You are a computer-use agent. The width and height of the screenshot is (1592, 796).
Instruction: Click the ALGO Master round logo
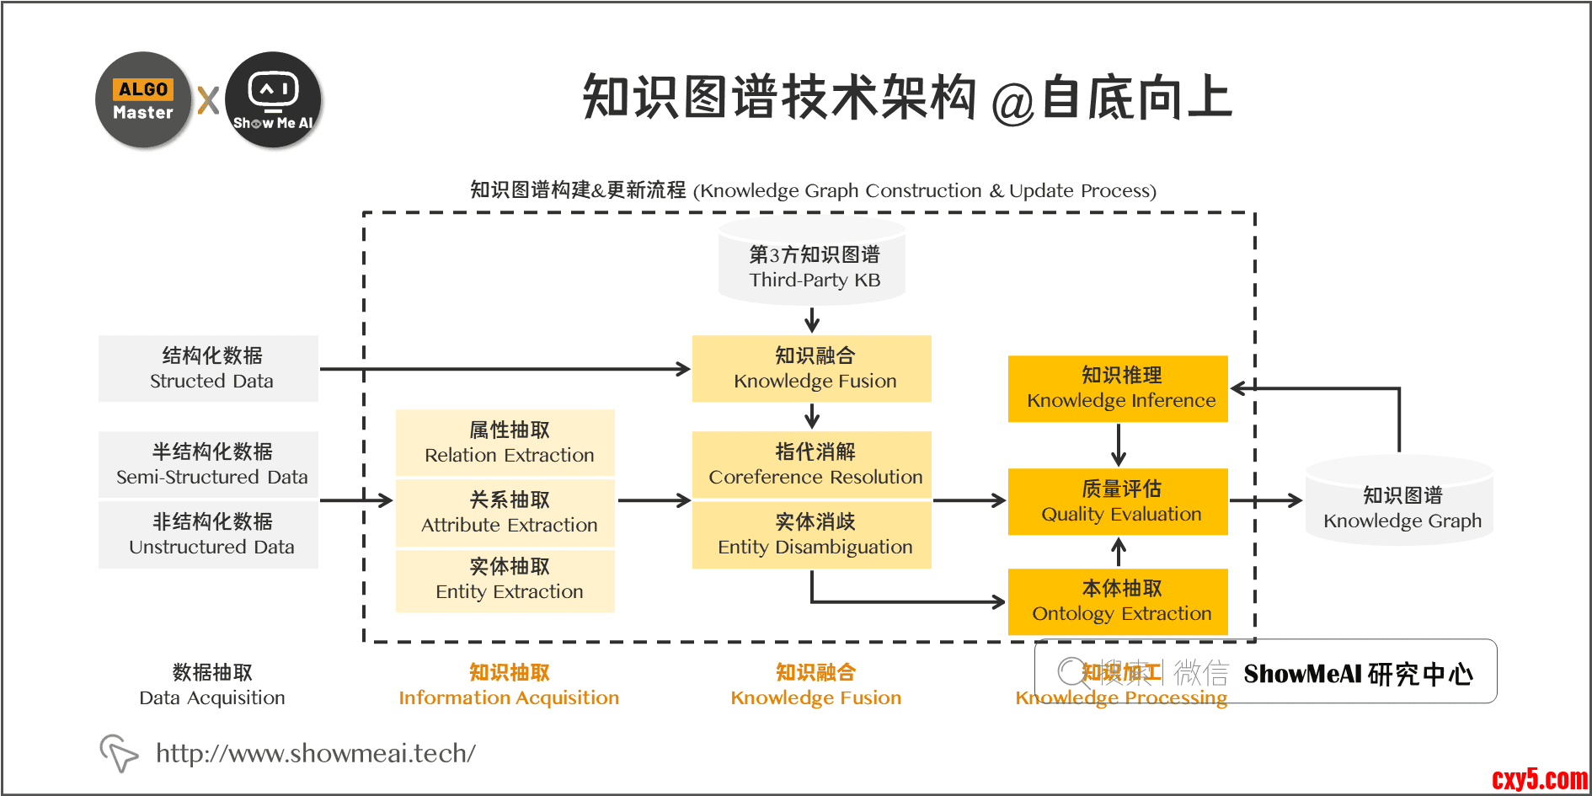click(143, 100)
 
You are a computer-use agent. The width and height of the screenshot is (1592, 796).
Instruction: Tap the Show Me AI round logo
click(273, 100)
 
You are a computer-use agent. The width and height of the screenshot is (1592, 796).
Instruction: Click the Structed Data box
click(209, 369)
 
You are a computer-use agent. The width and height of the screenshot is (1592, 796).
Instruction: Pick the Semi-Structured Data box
click(209, 464)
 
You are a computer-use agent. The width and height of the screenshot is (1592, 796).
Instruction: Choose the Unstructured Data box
click(209, 535)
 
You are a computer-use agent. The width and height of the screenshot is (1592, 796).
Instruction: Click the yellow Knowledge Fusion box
click(812, 369)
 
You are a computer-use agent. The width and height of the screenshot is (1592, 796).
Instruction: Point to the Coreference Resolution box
click(812, 465)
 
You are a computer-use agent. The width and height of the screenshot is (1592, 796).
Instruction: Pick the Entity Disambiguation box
click(812, 535)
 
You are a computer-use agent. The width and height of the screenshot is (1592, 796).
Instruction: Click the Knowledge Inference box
click(1118, 388)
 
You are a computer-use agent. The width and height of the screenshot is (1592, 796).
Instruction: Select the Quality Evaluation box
click(1118, 502)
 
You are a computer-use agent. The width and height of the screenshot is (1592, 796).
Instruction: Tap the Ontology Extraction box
click(1118, 601)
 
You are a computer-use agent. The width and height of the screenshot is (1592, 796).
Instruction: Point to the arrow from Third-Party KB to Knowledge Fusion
click(812, 320)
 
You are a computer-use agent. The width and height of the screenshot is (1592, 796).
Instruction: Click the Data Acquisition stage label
click(212, 685)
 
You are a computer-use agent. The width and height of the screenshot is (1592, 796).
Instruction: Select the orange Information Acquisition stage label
click(509, 685)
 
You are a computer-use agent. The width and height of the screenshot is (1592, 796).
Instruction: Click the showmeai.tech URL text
click(316, 753)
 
